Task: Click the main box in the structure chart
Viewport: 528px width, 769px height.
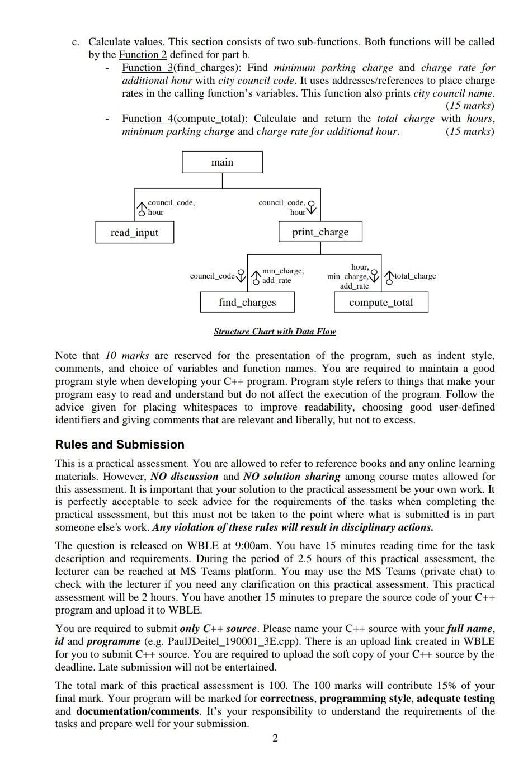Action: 222,162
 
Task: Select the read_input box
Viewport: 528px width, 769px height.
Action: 134,233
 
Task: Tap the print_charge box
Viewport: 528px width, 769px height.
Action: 320,232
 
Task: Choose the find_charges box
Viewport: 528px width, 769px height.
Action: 247,303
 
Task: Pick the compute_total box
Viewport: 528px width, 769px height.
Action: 381,303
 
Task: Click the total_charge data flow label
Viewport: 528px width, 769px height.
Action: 415,276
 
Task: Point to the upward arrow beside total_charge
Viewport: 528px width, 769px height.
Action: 389,276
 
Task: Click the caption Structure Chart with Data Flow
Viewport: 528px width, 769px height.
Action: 275,332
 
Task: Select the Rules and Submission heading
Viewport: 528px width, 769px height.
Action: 120,445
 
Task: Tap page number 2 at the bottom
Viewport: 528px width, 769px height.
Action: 275,738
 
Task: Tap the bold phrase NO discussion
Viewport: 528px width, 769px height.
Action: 184,477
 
